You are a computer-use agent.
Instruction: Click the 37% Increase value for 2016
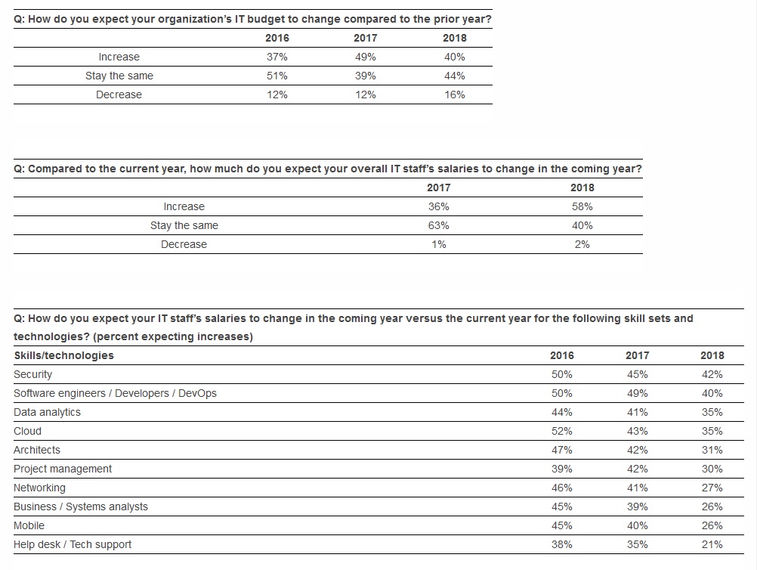[277, 57]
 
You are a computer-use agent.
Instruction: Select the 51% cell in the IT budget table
[277, 76]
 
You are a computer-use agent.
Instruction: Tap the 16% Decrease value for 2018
[455, 94]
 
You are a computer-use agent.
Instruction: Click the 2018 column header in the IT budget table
[455, 38]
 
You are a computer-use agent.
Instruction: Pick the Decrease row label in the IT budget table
[119, 94]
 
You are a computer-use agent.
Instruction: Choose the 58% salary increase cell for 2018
[582, 206]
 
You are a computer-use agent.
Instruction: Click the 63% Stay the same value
[439, 225]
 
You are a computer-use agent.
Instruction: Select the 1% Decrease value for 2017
[439, 244]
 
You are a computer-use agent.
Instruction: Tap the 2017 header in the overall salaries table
[439, 188]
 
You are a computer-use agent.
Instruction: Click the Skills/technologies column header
[63, 355]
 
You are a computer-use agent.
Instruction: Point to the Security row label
[32, 374]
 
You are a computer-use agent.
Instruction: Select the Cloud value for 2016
[562, 431]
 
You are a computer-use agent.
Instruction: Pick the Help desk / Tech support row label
[73, 544]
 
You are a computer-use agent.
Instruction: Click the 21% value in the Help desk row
[712, 544]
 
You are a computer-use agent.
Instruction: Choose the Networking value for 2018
[712, 488]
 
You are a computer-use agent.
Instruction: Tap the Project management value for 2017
[638, 469]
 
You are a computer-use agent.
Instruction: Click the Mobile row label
[29, 525]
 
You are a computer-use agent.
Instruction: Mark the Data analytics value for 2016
[562, 412]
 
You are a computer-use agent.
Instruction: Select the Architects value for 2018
[712, 451]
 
